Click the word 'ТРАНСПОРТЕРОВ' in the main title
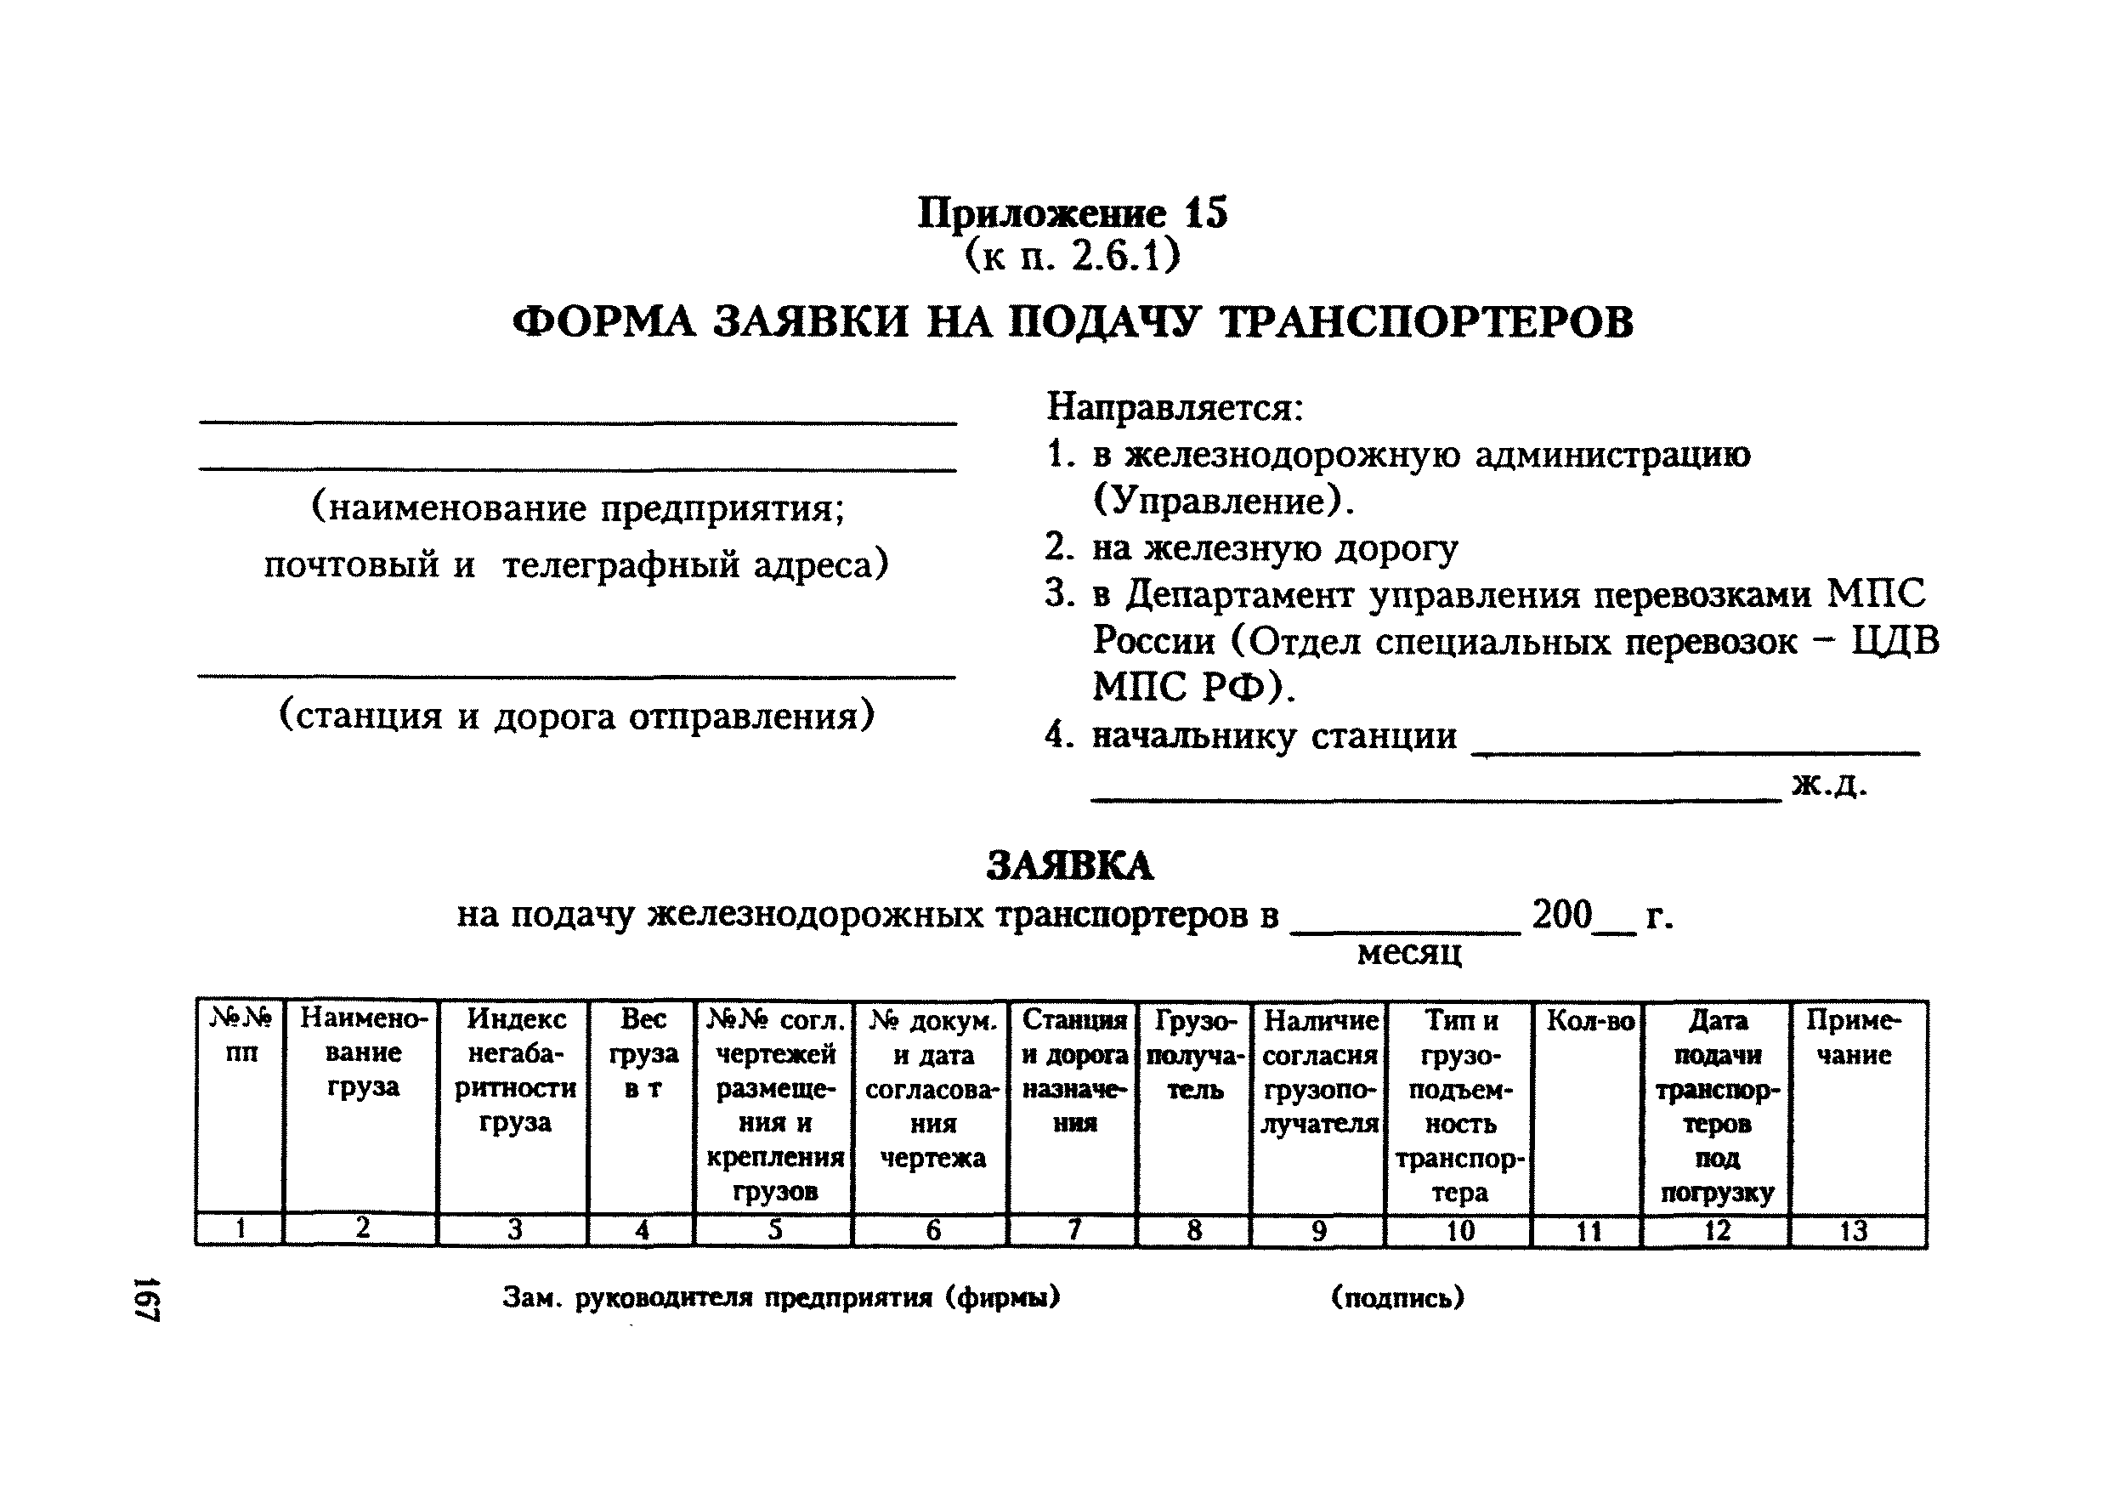click(1427, 322)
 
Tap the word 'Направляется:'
click(1175, 406)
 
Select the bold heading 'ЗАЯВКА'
click(1069, 865)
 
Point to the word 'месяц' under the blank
click(1408, 953)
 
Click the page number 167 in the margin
click(147, 1298)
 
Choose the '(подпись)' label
click(1397, 1297)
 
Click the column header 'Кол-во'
click(1589, 1021)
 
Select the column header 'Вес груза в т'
click(643, 1053)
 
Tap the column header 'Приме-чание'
click(1854, 1037)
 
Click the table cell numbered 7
click(1073, 1229)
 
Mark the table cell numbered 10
click(1459, 1230)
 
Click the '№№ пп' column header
click(241, 1035)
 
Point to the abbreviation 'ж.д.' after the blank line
click(1829, 784)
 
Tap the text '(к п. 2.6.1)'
click(1072, 256)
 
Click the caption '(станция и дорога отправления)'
click(576, 715)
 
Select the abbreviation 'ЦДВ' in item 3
click(1895, 641)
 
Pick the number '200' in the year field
click(1562, 914)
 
